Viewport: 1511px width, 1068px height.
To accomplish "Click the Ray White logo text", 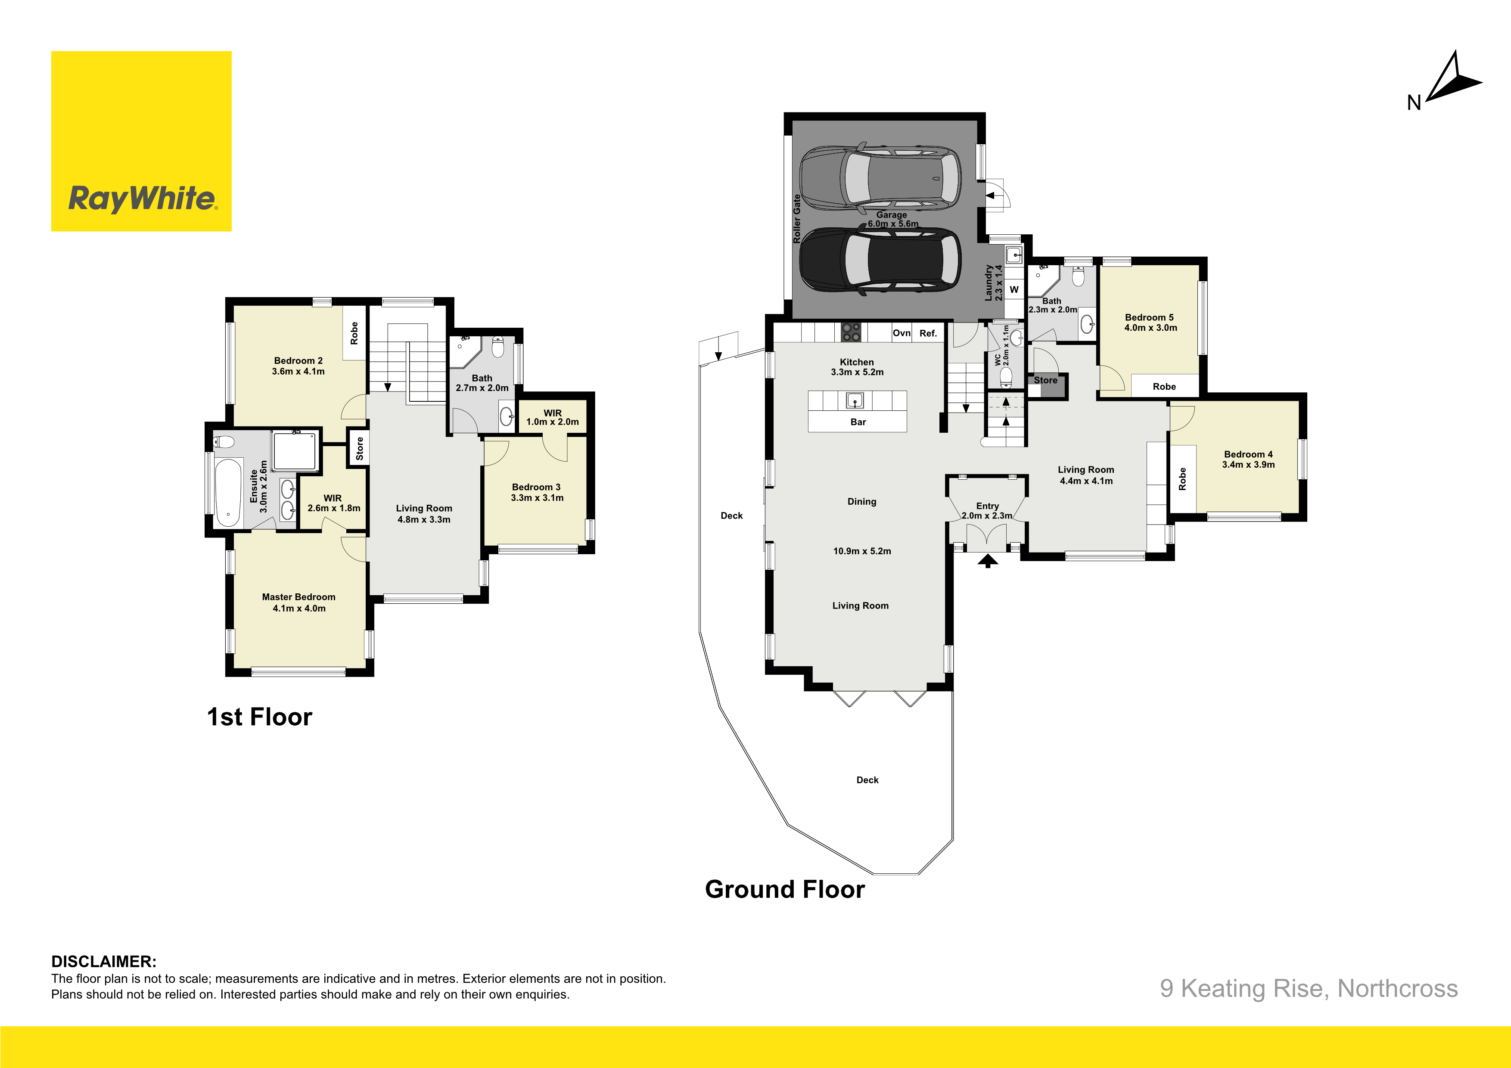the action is click(x=142, y=199).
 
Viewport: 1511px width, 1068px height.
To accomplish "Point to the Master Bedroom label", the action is click(x=299, y=597).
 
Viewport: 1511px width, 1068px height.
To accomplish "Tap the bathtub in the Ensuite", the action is click(x=228, y=493).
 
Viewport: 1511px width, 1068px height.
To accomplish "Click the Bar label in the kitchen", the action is click(x=858, y=422).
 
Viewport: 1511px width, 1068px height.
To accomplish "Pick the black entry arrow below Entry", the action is click(x=987, y=561).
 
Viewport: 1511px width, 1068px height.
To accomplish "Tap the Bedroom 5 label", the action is click(x=1149, y=317).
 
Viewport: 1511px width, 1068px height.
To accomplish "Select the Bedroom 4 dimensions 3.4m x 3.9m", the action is click(x=1248, y=465).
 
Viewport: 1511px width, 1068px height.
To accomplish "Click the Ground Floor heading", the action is click(x=785, y=889).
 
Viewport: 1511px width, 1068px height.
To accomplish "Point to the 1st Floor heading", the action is click(x=260, y=717).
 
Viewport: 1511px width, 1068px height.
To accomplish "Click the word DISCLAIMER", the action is click(x=104, y=961).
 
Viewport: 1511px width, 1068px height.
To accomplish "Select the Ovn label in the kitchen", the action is click(x=902, y=333).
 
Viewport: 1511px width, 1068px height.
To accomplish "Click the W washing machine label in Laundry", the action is click(x=1014, y=289).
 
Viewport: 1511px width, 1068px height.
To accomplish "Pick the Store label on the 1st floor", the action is click(x=359, y=449).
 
